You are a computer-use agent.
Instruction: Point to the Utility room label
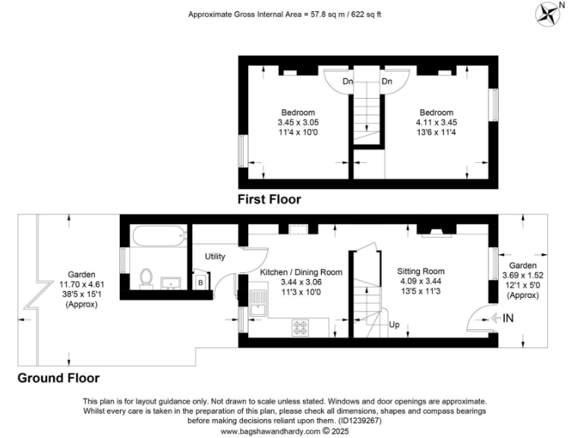point(215,257)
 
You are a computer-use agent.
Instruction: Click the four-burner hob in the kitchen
point(302,328)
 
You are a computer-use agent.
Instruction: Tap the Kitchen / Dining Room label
point(301,271)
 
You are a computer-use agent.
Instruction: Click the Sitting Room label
point(421,271)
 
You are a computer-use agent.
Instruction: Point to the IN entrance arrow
point(503,319)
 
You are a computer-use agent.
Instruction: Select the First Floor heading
point(269,200)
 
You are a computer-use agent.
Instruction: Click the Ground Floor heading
point(58,377)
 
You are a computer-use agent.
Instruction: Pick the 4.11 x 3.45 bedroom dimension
point(436,122)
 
